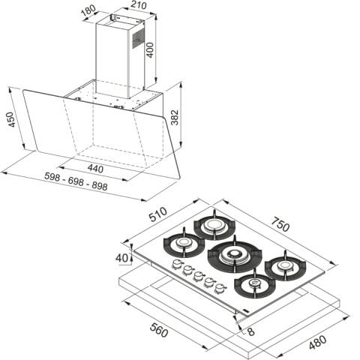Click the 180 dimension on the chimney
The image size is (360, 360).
point(88,11)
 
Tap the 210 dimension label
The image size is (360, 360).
point(138,5)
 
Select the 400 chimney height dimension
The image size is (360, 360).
point(150,50)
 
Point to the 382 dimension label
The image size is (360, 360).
point(175,117)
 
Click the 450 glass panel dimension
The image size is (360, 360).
point(11,119)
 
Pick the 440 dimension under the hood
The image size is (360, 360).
point(95,169)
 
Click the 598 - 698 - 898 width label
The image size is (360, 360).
point(76,181)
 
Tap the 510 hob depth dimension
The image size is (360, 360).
point(158,214)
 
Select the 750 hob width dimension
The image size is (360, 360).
point(280,224)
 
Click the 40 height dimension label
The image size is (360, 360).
point(121,258)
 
